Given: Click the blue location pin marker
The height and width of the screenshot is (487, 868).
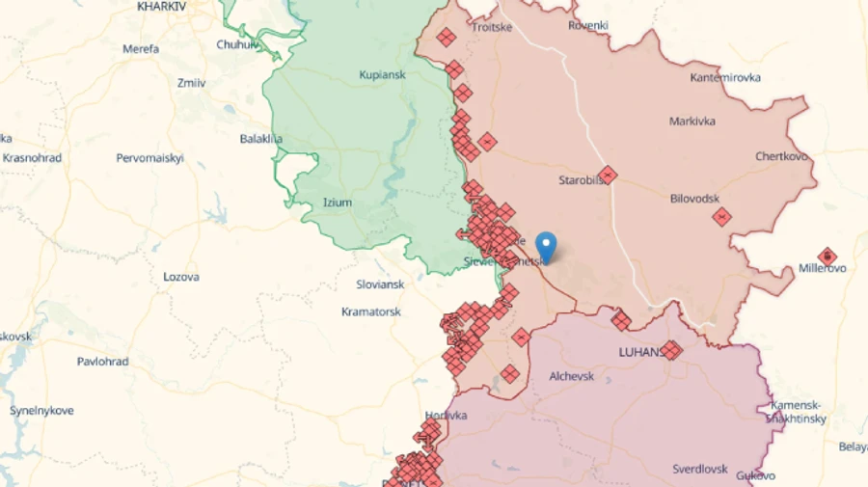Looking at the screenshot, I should tap(547, 246).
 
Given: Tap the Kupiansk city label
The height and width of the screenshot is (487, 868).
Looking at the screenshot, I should tap(382, 74).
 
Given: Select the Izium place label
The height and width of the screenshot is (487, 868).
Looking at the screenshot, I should tap(337, 203).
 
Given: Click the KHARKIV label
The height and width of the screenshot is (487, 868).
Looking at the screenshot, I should tap(161, 6).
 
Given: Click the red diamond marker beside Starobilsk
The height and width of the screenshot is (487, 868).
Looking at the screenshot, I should tap(608, 176).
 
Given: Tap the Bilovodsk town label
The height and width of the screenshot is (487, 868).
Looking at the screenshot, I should tap(694, 198).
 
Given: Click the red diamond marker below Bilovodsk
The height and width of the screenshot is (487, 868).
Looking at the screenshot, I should tap(721, 217).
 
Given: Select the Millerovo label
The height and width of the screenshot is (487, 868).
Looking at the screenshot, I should tap(823, 268).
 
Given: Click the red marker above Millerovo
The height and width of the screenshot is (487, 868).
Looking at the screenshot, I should tap(827, 257).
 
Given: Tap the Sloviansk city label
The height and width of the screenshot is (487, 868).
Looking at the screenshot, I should tap(381, 284).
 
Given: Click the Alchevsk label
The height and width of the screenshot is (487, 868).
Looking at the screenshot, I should tap(571, 376).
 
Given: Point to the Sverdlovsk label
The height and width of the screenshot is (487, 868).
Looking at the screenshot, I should tap(700, 469).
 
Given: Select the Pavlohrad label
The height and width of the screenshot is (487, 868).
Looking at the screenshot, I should tap(102, 361).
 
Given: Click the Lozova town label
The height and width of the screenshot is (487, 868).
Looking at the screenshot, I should tap(181, 277).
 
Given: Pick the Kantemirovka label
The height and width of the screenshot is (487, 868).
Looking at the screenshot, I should tap(725, 77).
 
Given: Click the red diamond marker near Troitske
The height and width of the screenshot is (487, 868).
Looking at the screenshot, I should tap(446, 38).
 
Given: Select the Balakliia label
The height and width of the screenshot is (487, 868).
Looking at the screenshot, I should tap(261, 138).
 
